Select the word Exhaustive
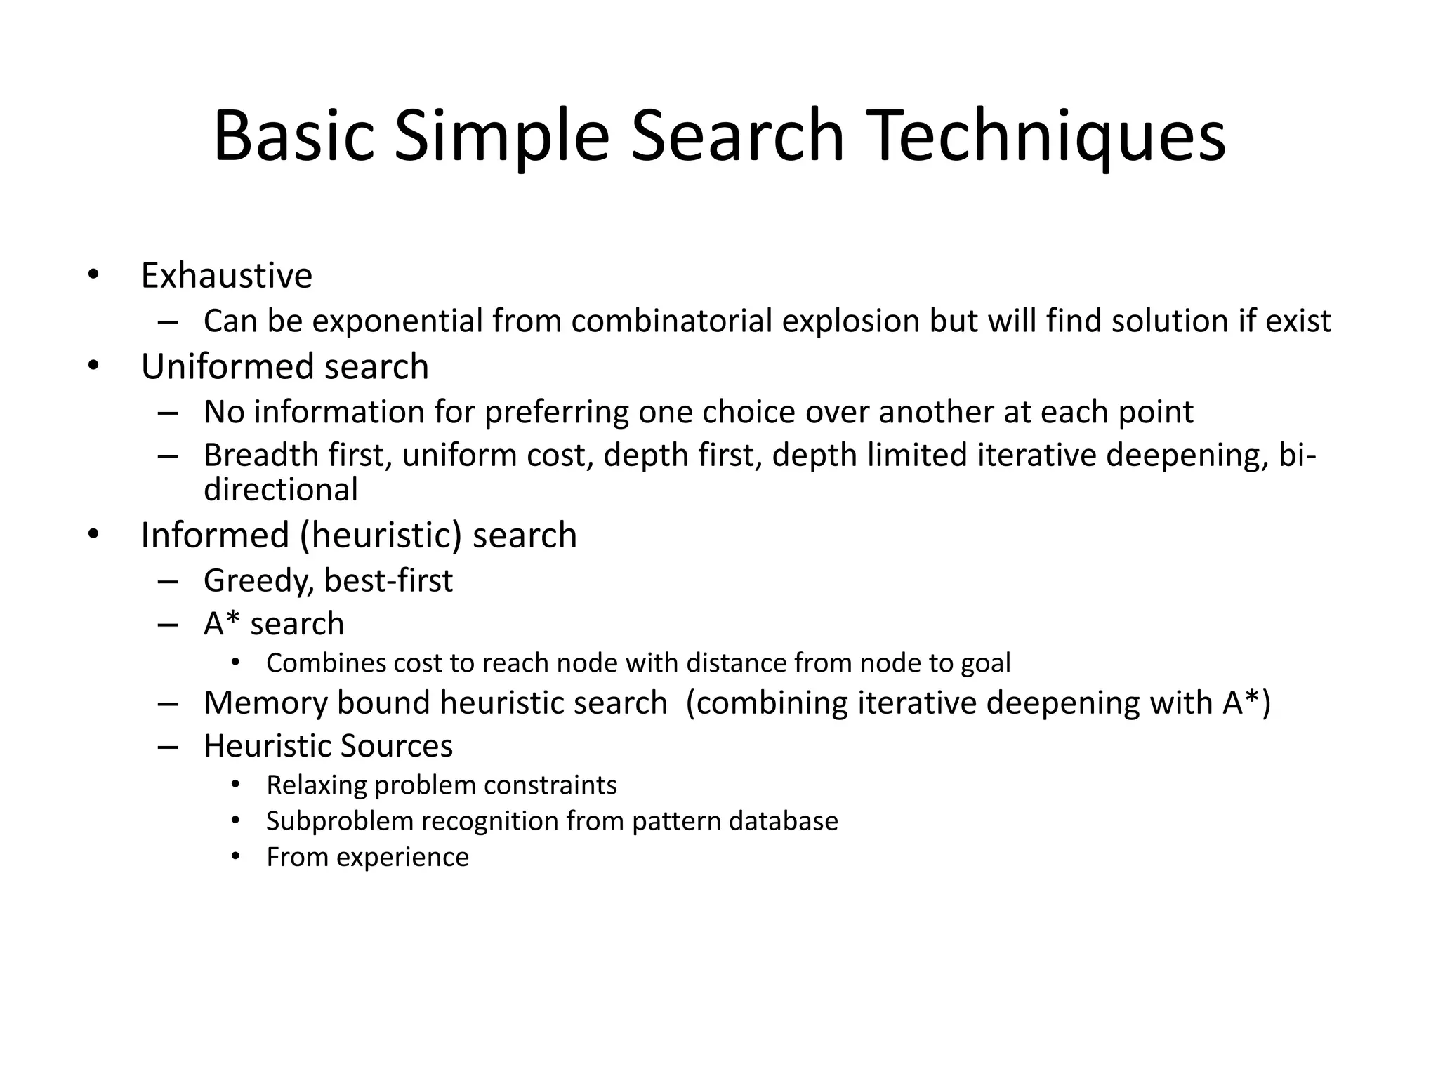tap(226, 275)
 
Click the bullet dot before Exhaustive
tap(93, 274)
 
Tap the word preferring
tap(556, 413)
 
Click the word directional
tap(280, 490)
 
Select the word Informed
tap(215, 535)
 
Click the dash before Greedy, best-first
tap(169, 581)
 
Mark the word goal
tap(985, 664)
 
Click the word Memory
tap(265, 703)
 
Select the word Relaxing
tap(316, 785)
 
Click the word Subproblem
tap(339, 821)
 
